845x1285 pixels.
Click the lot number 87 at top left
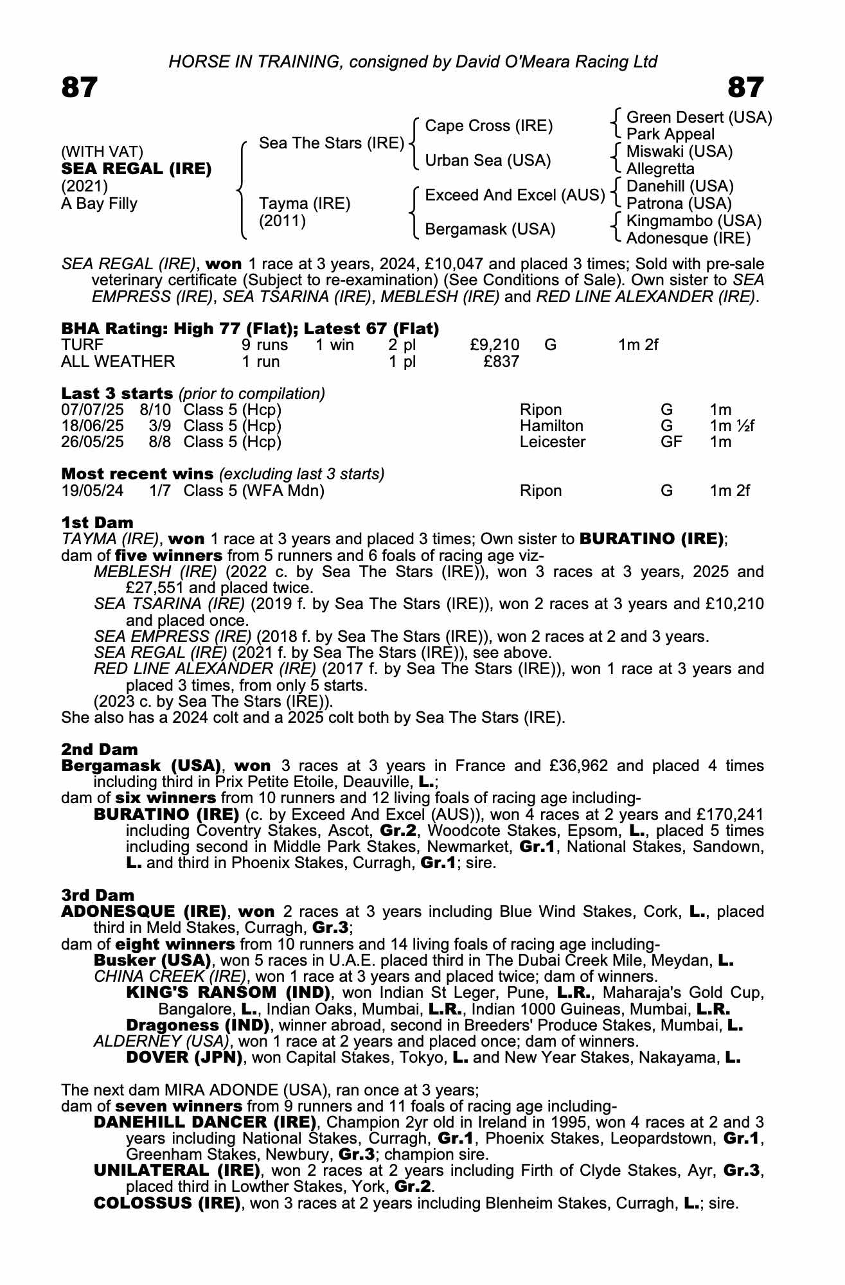click(80, 87)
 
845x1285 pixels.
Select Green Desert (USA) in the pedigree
click(698, 118)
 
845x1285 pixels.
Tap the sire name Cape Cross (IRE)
click(488, 126)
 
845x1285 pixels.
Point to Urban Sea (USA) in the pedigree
click(488, 161)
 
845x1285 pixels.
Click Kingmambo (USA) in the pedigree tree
click(693, 221)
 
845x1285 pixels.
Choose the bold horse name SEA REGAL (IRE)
click(136, 169)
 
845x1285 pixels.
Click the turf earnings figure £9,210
click(495, 345)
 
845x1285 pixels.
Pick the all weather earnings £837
click(501, 361)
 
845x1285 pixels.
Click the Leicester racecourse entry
click(553, 442)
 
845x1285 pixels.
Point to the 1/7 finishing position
click(160, 491)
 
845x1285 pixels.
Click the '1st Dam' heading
click(97, 522)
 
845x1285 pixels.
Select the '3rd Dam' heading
click(98, 895)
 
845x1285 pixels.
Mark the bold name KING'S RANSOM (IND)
click(228, 993)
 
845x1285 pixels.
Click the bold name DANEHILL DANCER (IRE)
click(206, 1122)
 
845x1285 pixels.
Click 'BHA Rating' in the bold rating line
click(104, 329)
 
